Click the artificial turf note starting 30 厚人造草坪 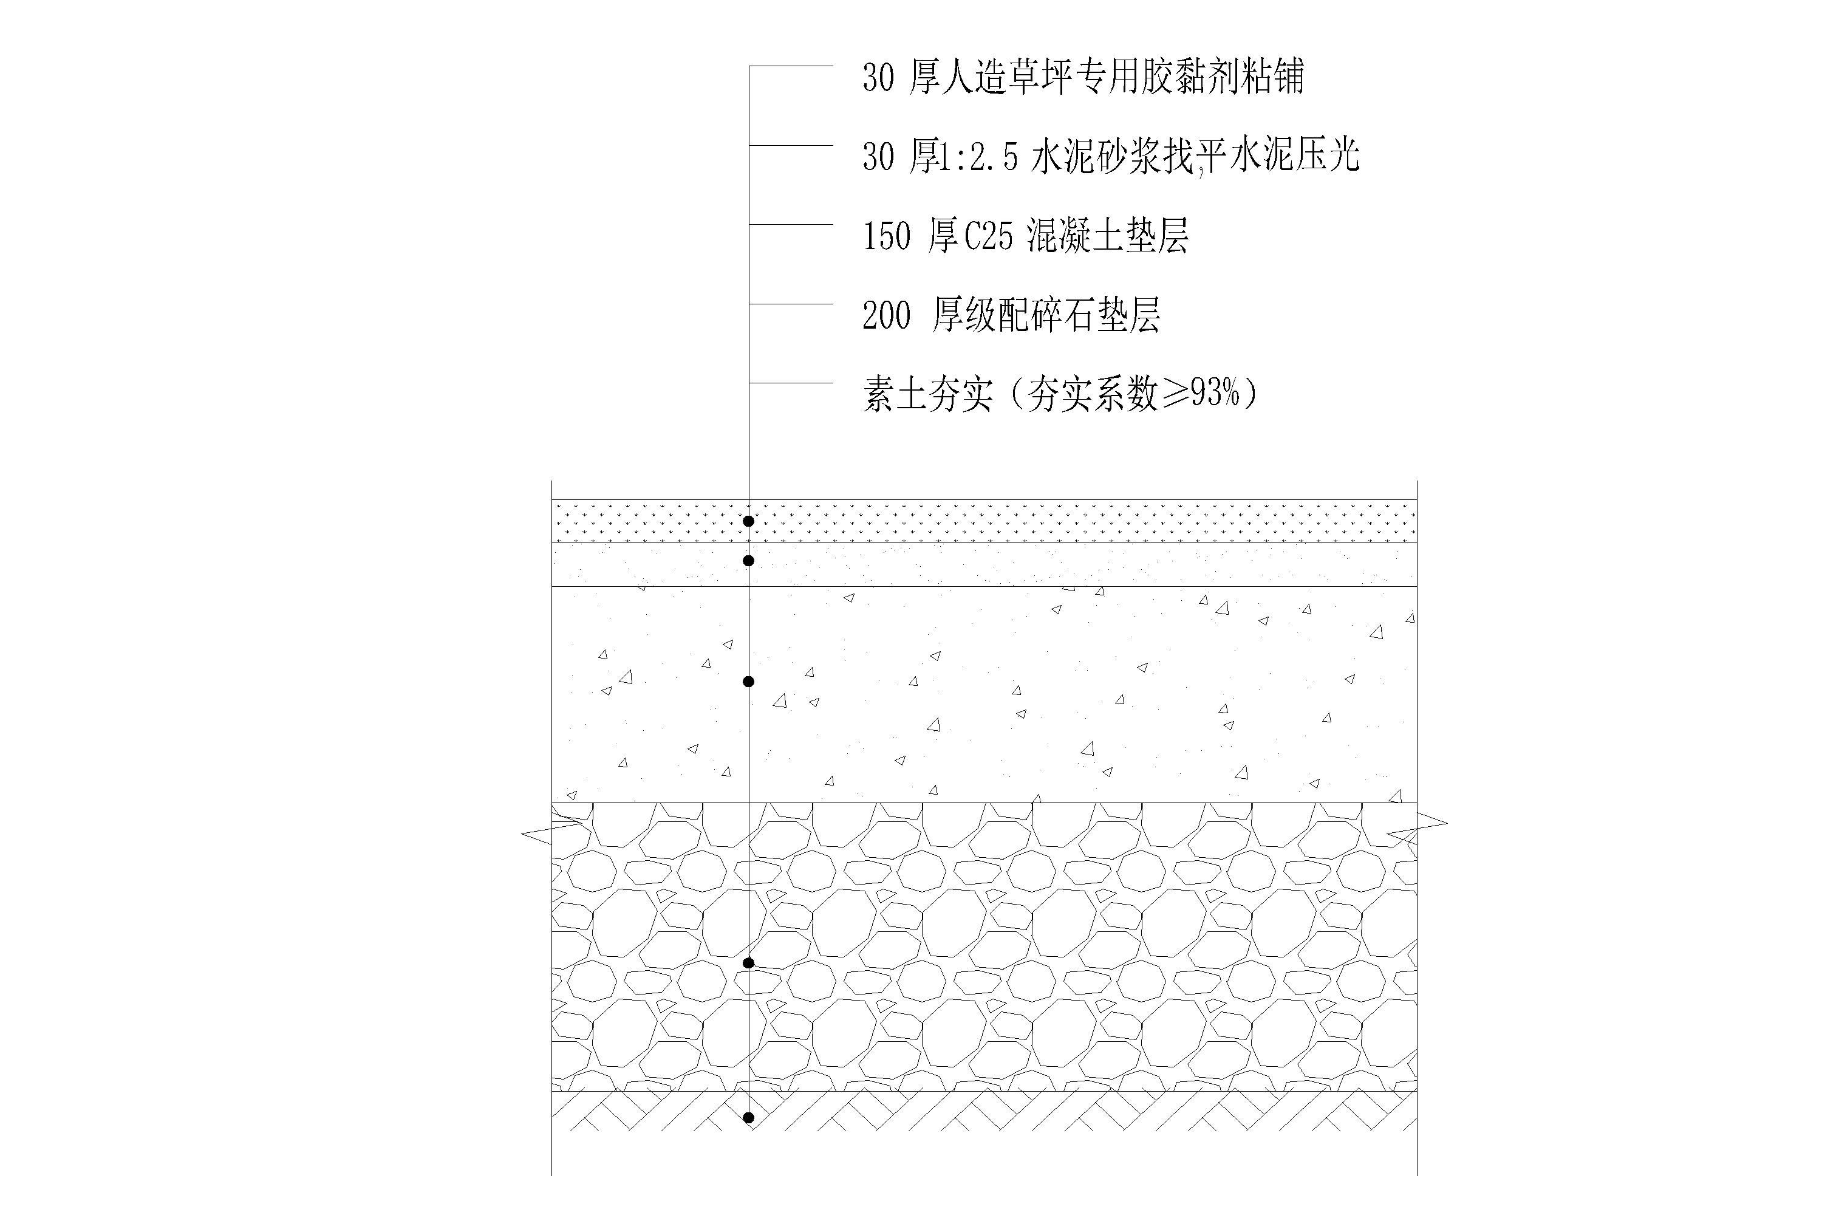click(x=1083, y=78)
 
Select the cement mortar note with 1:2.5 click(x=1111, y=157)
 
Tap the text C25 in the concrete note click(x=989, y=236)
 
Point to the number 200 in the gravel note click(x=886, y=315)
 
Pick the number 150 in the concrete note click(x=886, y=236)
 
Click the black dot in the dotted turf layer click(x=748, y=521)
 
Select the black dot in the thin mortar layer click(x=748, y=560)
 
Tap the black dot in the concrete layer click(x=748, y=682)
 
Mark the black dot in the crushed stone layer click(x=748, y=963)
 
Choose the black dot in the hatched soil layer click(x=748, y=1118)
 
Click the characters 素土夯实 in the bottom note click(x=928, y=394)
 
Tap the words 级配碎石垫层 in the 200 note click(x=1046, y=315)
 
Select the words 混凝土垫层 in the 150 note click(x=1108, y=236)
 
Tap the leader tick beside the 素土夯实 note click(x=790, y=383)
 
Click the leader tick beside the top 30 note click(x=790, y=67)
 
